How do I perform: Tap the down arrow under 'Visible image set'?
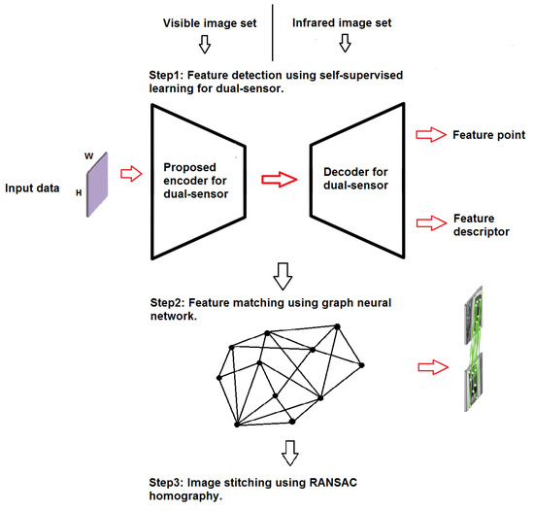[203, 44]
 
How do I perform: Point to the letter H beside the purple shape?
[79, 193]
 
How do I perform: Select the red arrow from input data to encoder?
[130, 175]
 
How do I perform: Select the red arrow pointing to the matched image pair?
[432, 367]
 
